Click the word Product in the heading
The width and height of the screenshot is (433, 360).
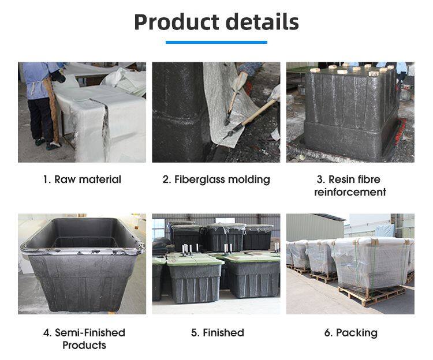[174, 22]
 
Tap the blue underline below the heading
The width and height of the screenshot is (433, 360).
[216, 42]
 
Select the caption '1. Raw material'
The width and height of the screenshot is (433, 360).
[82, 179]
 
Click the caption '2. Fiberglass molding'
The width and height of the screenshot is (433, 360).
[216, 179]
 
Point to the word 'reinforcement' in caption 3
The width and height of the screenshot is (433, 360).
[350, 192]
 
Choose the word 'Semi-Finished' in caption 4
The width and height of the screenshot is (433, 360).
[90, 333]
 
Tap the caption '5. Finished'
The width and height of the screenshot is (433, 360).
[216, 333]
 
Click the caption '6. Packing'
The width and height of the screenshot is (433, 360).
[350, 333]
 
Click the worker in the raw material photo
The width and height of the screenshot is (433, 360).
[40, 98]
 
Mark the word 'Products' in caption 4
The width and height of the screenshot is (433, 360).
[84, 346]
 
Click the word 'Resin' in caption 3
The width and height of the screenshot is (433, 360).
[343, 179]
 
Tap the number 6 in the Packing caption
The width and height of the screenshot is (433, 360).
[326, 333]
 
